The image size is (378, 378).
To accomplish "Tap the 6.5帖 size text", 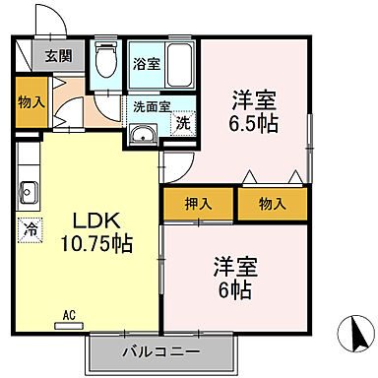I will tap(253, 125).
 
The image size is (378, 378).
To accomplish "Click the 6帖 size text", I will tap(235, 292).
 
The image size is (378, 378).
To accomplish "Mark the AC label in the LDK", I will tap(69, 315).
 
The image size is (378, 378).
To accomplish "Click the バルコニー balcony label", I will tap(160, 352).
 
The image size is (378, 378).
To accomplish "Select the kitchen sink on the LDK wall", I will tap(27, 192).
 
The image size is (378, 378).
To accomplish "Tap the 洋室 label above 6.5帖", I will tap(253, 99).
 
